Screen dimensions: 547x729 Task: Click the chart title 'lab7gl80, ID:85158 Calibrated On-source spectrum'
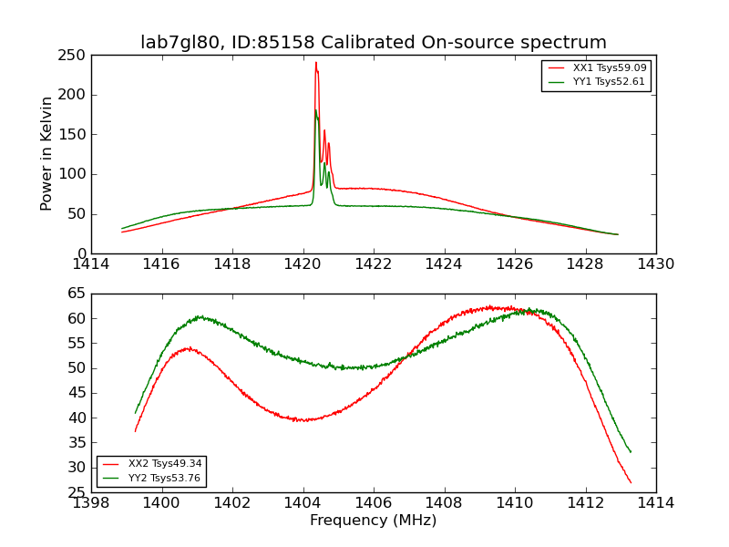373,43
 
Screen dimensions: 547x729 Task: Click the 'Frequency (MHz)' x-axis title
373,521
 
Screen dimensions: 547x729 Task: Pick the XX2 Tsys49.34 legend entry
165,464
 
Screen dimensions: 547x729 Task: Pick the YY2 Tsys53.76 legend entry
165,478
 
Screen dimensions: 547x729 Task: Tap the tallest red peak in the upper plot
316,63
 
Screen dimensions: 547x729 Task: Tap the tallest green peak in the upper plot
316,110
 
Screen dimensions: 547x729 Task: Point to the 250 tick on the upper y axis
91,55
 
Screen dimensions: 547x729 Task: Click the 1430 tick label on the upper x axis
655,264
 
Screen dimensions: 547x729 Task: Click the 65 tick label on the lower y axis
76,294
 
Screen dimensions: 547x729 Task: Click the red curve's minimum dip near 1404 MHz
302,419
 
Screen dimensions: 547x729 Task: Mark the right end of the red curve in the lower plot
631,482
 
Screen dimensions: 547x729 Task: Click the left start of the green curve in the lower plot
136,413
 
